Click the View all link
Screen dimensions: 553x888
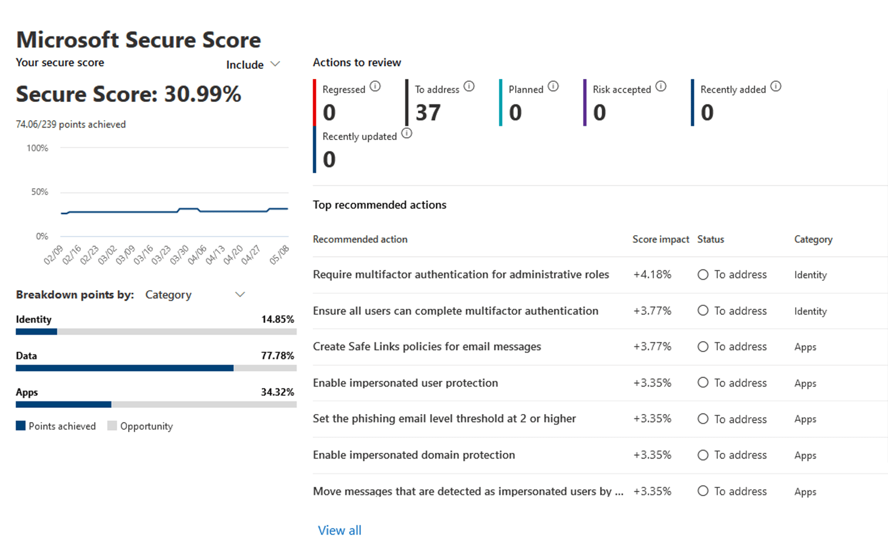coord(339,530)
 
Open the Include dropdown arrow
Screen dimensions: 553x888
coord(276,64)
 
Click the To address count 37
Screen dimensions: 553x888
coord(428,113)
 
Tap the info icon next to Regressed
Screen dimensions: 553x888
coord(375,87)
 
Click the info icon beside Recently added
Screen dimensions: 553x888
coord(776,87)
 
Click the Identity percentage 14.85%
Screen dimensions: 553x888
coord(277,319)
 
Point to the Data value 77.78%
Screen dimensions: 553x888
coord(277,356)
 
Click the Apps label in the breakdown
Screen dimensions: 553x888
coord(27,392)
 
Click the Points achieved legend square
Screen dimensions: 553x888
coord(21,425)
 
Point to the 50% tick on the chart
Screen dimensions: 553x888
coord(40,192)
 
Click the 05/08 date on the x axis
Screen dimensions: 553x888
coord(279,255)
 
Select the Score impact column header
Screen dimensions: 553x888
coord(660,239)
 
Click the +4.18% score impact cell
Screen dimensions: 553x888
coord(652,275)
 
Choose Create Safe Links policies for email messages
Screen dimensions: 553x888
coord(427,346)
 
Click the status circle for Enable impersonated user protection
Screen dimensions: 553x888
coord(703,383)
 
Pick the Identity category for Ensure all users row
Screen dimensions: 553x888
coord(810,311)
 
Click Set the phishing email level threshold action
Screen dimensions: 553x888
coord(444,419)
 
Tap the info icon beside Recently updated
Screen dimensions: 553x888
coord(406,133)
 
